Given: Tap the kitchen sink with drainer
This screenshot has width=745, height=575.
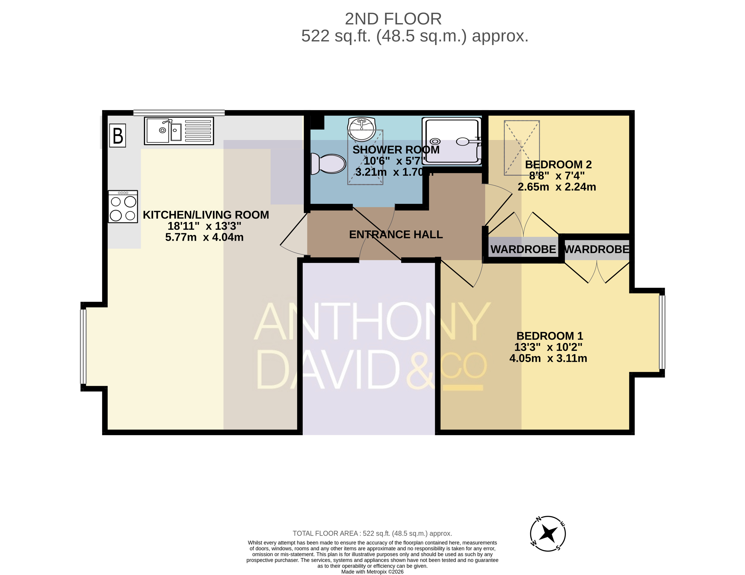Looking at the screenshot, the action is (x=179, y=131).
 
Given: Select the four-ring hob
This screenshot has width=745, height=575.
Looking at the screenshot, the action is (x=123, y=207).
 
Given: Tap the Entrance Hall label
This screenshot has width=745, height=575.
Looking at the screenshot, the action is (x=396, y=235).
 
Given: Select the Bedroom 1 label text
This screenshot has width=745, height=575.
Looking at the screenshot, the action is (x=550, y=336).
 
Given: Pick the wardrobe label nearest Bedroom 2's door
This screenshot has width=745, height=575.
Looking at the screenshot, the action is (x=523, y=249).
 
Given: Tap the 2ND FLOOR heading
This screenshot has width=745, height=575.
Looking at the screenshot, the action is (x=393, y=19).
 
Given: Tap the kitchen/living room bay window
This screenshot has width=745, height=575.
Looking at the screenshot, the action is (x=83, y=346).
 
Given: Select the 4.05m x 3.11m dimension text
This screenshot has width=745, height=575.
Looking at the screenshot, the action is (x=548, y=358).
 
